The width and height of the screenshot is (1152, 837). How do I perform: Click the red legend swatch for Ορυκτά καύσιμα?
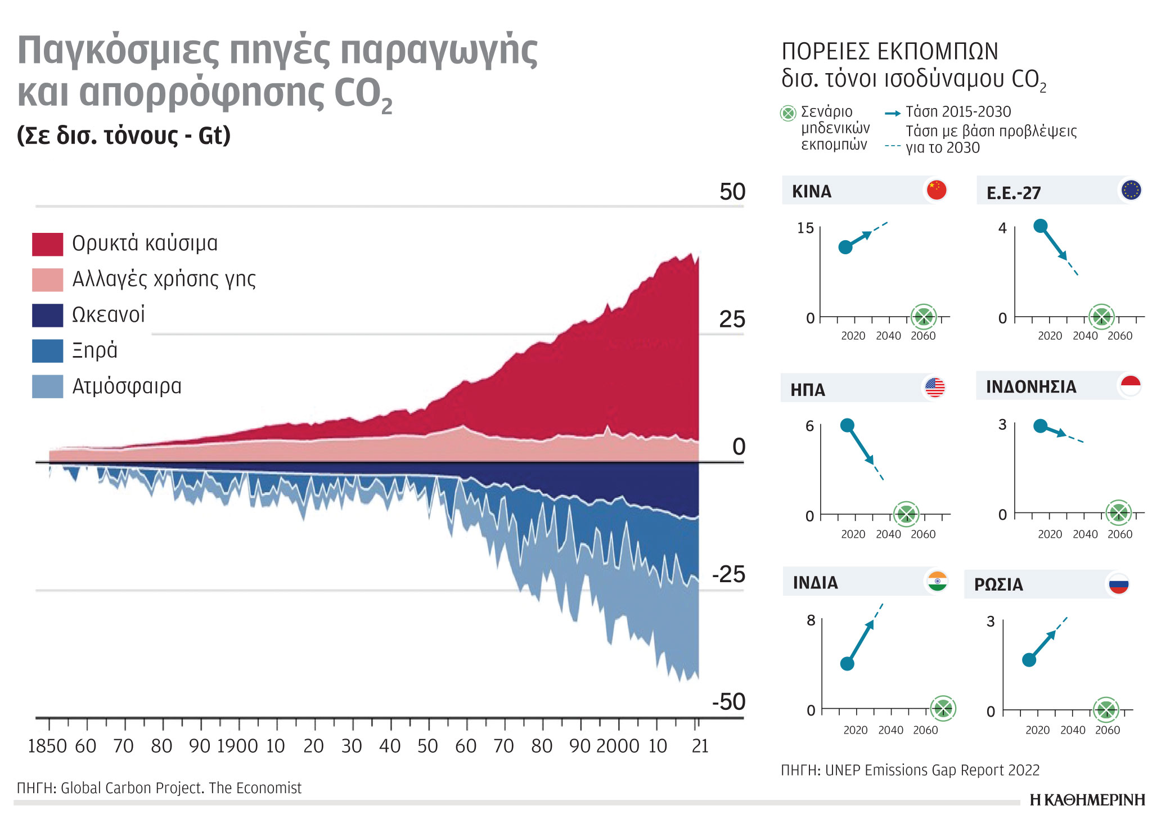coord(47,244)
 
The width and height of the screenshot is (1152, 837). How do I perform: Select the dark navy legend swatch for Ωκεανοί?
coord(47,316)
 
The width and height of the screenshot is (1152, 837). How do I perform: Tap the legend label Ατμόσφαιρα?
coord(127,386)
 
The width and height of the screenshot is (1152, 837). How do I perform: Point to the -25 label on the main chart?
coord(728,574)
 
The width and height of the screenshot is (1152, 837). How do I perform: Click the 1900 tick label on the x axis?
coord(237,746)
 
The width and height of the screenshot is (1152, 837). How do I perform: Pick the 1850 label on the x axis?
coord(48,746)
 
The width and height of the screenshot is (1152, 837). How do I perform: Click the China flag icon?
coord(937,190)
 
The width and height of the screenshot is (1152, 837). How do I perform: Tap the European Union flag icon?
coord(1131,190)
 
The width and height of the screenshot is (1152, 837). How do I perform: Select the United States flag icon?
coord(935,387)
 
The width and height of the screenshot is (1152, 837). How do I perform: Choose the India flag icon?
coord(937,582)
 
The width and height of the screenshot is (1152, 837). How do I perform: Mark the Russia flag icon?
coord(1119,584)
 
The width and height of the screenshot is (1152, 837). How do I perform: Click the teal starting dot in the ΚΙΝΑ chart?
coord(845,247)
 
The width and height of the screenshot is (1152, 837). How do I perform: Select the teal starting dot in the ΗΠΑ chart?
coord(847,425)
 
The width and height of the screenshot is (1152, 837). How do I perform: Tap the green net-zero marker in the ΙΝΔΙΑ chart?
coord(943,708)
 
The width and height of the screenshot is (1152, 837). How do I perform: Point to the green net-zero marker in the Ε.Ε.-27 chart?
coord(1101,317)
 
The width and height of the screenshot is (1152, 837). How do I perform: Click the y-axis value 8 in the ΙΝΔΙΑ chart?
coord(811,620)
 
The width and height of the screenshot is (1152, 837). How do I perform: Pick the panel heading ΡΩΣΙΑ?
coord(998,584)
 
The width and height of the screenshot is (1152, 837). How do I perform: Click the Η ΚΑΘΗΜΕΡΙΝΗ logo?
coord(1087,800)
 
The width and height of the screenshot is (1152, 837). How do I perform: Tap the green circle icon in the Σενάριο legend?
coord(788,113)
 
